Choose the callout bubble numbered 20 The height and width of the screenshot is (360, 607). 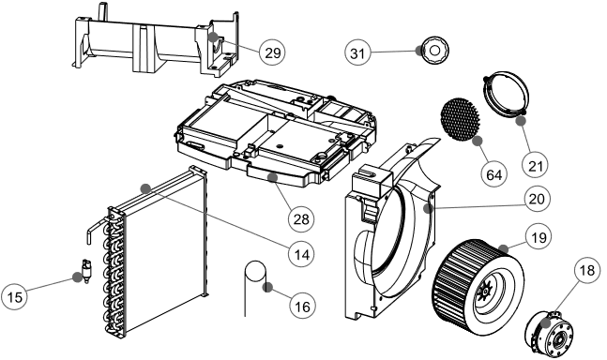tap(538, 200)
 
